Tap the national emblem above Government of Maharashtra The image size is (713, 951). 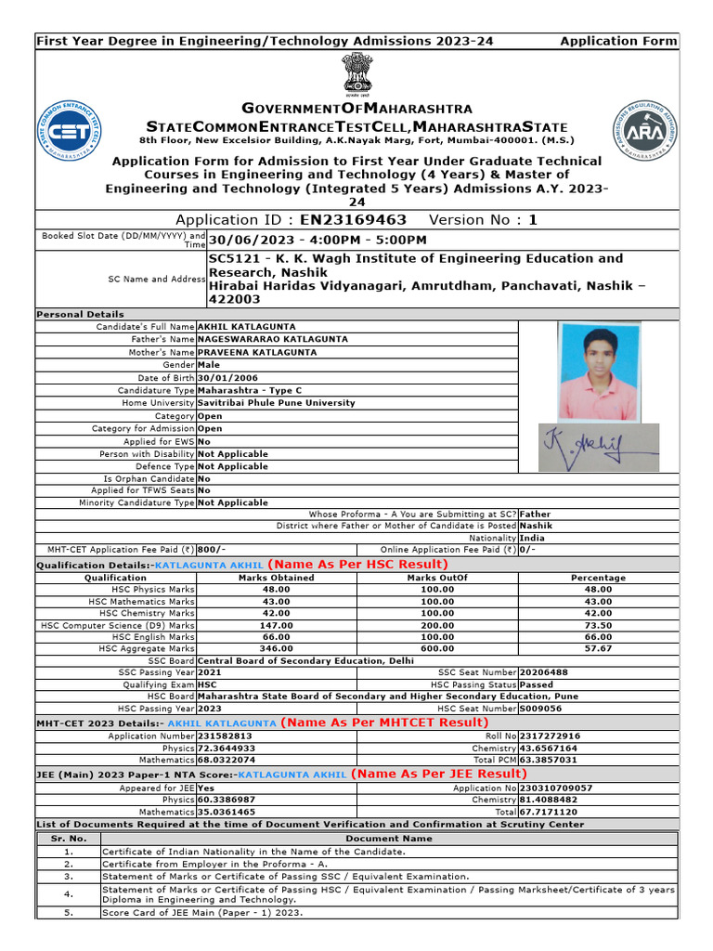(356, 72)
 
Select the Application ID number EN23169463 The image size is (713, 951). (353, 220)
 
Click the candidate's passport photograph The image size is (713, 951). (597, 371)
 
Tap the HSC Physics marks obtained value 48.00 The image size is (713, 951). (276, 589)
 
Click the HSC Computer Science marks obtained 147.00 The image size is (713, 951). (276, 625)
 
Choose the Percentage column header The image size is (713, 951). (598, 577)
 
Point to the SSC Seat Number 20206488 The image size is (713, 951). (544, 672)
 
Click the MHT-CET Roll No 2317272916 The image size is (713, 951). (551, 736)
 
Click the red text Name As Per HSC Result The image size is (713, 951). (357, 564)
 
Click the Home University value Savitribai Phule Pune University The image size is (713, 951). (276, 403)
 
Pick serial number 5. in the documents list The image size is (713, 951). (68, 912)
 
